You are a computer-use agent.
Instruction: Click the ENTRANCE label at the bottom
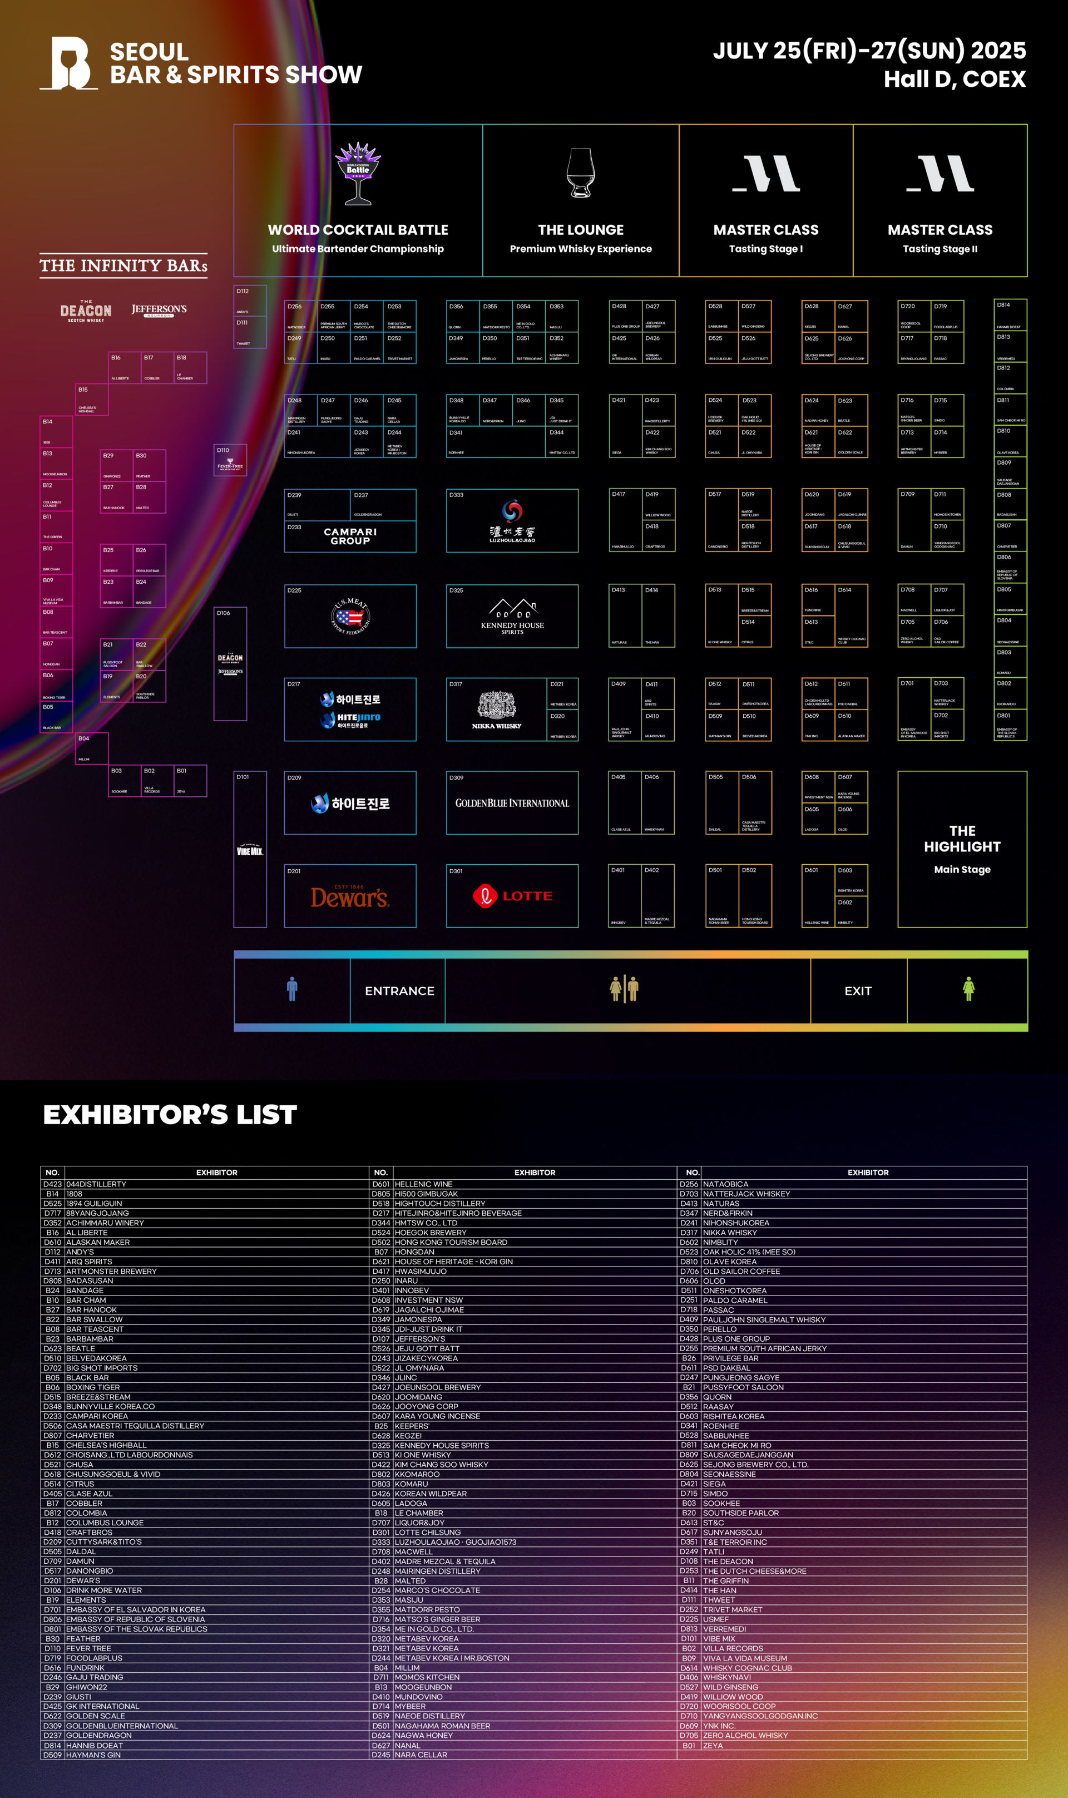[x=399, y=991]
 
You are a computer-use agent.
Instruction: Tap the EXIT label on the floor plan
[x=858, y=991]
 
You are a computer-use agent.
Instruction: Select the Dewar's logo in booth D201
[x=350, y=897]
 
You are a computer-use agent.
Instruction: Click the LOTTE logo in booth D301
[x=512, y=896]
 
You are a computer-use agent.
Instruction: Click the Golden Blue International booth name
[x=512, y=803]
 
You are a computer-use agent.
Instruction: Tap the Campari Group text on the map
[x=350, y=536]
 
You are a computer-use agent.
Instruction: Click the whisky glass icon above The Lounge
[x=580, y=173]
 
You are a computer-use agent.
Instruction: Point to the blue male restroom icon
[x=292, y=989]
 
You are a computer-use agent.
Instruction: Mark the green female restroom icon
[x=968, y=989]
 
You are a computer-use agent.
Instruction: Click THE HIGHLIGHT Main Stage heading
[x=962, y=839]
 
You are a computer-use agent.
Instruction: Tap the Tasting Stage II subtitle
[x=940, y=249]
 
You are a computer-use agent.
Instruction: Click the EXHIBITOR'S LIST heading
[x=170, y=1115]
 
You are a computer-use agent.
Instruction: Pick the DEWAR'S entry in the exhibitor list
[x=83, y=1580]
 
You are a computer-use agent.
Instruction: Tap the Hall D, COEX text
[x=955, y=78]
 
